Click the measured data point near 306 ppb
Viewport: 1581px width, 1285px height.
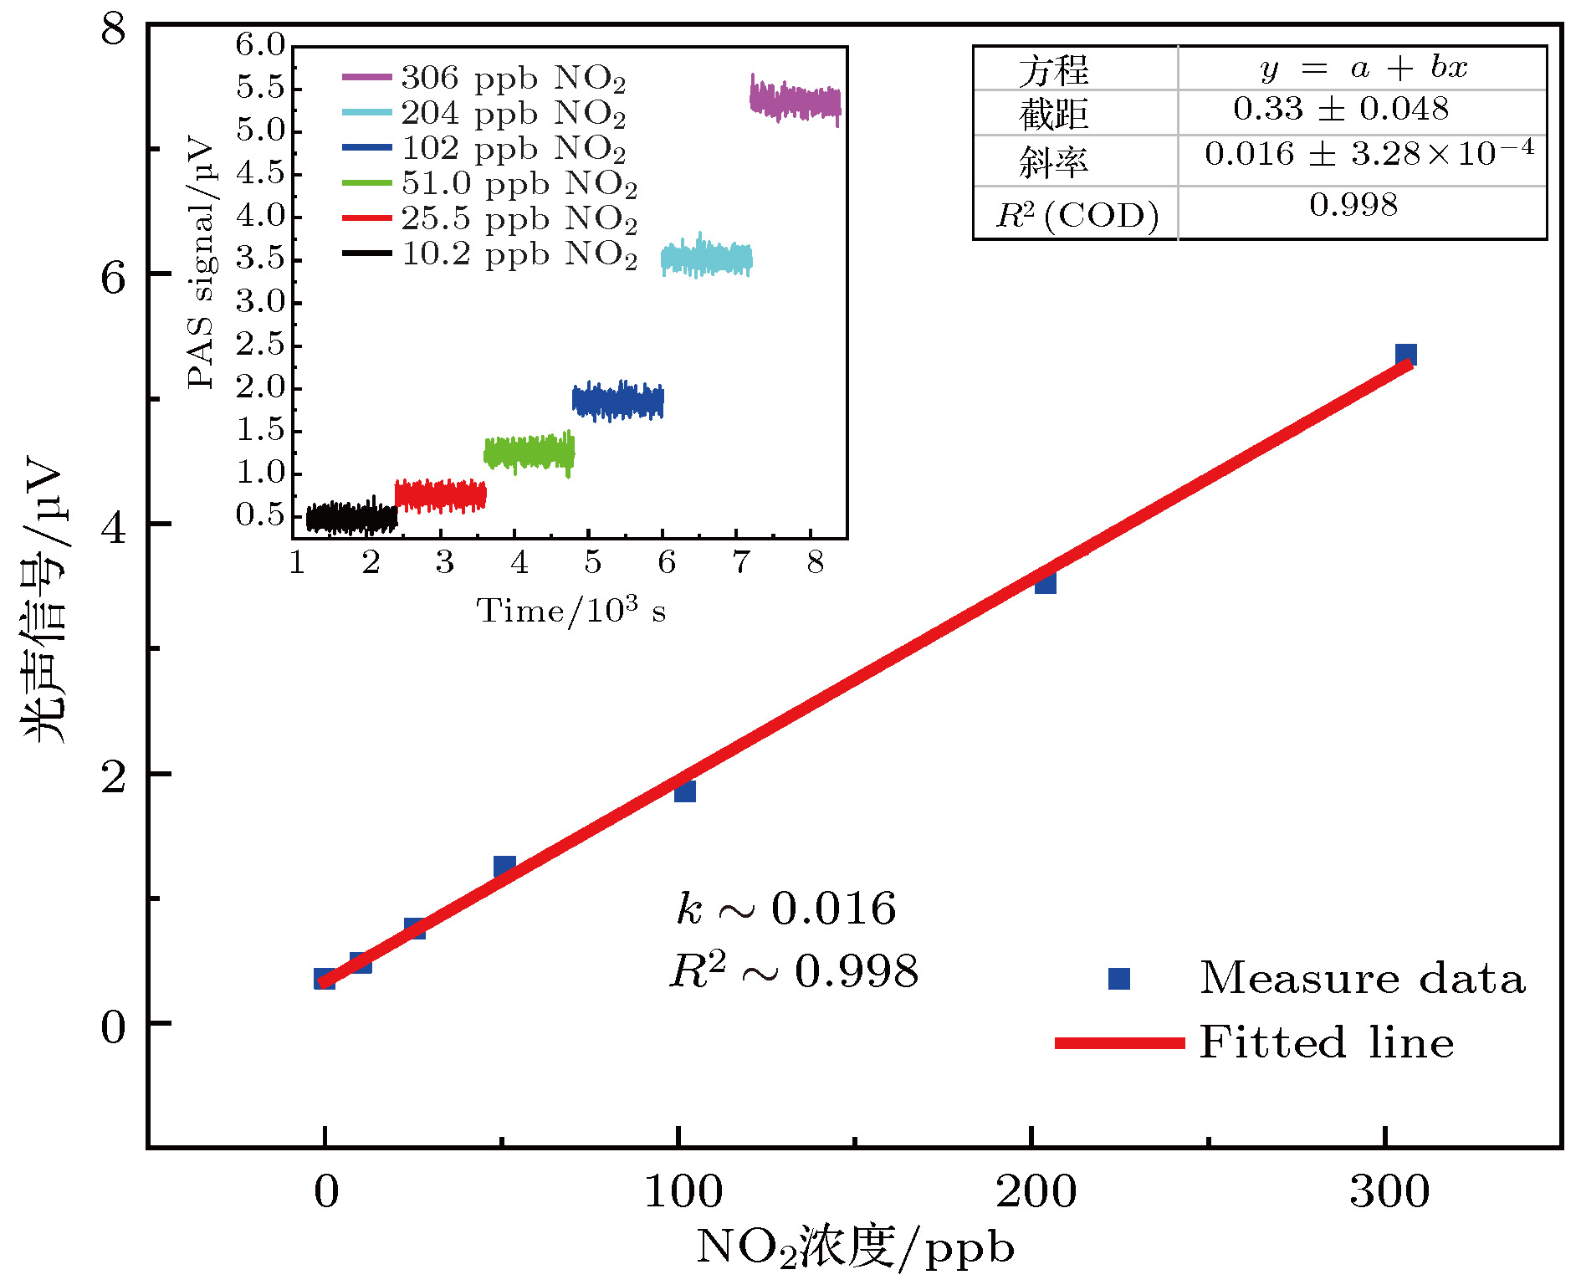pyautogui.click(x=1405, y=355)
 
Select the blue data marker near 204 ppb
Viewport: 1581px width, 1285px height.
pyautogui.click(x=1045, y=582)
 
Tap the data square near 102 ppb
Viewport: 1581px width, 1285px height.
pyautogui.click(x=684, y=791)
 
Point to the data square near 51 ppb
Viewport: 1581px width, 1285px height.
pyautogui.click(x=504, y=867)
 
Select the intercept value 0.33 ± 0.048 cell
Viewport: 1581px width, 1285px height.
pyautogui.click(x=1341, y=110)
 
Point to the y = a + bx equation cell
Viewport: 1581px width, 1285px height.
pyautogui.click(x=1364, y=69)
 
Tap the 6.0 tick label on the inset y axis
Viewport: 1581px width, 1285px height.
pyautogui.click(x=260, y=44)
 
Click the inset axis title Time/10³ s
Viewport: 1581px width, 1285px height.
pyautogui.click(x=570, y=611)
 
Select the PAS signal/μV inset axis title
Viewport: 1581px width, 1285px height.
pyautogui.click(x=201, y=264)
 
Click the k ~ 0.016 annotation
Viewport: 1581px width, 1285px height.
pyautogui.click(x=785, y=909)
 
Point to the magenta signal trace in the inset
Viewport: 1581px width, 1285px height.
pyautogui.click(x=795, y=102)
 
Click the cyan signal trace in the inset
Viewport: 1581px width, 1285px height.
pyautogui.click(x=707, y=259)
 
